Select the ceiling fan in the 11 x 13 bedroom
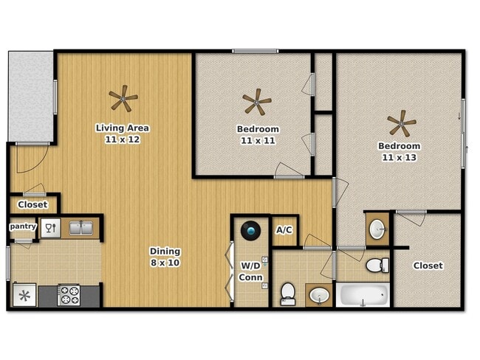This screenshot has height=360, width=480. pos(402,121)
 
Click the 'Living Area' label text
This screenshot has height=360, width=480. pos(123,128)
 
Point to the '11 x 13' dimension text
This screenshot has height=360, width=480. pos(399,157)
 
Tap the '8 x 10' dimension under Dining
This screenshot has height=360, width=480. pos(165,262)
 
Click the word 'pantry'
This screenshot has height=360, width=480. pos(22,226)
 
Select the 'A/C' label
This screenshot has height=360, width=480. pos(284,230)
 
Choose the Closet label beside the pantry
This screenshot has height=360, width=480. pos(32,204)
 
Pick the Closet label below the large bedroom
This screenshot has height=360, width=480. pos(428,266)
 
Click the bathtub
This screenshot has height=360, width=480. pos(363,295)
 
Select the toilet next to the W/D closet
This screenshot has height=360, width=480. pos(288,294)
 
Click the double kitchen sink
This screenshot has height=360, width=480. pos(81,227)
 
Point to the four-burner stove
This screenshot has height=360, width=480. pos(69,295)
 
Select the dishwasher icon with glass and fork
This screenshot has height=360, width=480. pos(50,227)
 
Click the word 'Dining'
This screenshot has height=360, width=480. pos(165,251)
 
